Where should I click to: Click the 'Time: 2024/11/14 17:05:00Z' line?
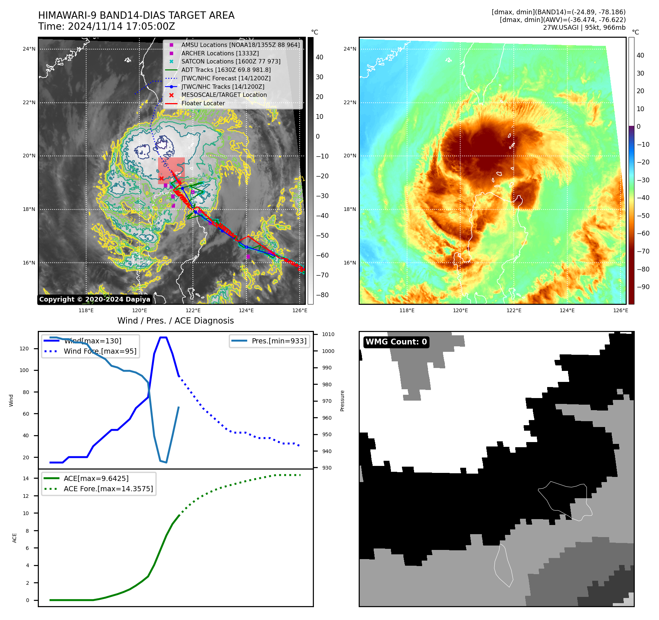tap(107, 27)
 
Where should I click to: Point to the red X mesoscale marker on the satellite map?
tap(161, 178)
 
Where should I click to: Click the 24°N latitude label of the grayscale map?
tap(29, 49)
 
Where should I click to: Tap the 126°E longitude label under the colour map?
tap(620, 310)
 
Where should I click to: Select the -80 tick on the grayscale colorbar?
tap(322, 295)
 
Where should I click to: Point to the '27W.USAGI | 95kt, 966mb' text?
tap(584, 28)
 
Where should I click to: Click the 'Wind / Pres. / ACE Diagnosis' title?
tap(176, 321)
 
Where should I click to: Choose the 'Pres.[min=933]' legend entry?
tap(279, 341)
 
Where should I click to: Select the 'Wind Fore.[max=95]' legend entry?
tap(100, 351)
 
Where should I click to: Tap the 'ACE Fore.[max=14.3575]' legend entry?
tap(108, 489)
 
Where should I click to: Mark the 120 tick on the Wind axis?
tap(24, 349)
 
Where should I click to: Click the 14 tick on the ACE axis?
tap(26, 478)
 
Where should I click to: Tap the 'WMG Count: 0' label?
tap(396, 342)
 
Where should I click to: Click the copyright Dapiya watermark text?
tap(95, 299)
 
